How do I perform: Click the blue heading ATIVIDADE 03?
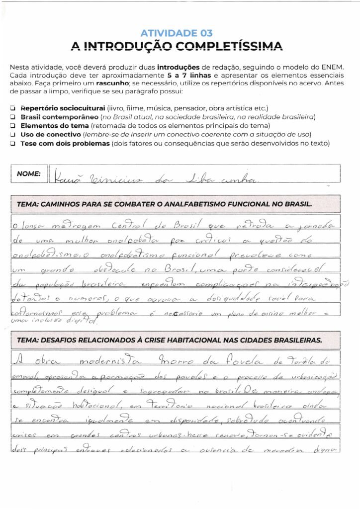click(x=177, y=33)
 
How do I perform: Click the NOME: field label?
click(x=29, y=174)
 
